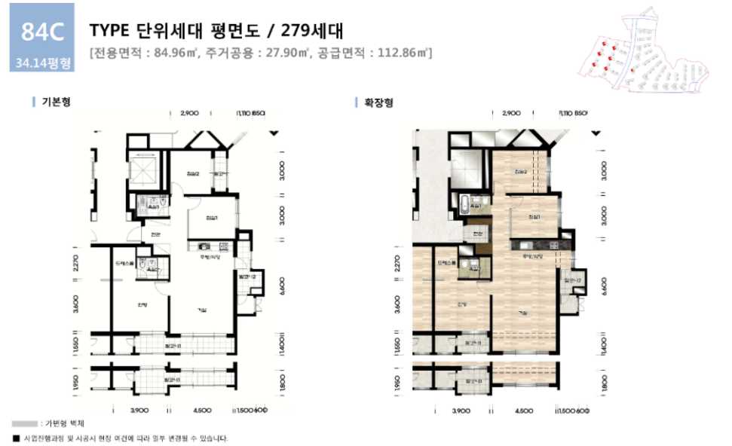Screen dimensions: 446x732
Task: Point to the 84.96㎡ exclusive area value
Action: tap(171, 53)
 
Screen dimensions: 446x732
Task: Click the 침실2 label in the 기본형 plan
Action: tap(192, 174)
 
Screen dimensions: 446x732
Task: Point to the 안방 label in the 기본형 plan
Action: tap(141, 304)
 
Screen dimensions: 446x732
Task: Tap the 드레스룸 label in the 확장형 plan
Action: tap(448, 263)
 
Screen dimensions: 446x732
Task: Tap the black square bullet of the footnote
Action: tap(15, 438)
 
